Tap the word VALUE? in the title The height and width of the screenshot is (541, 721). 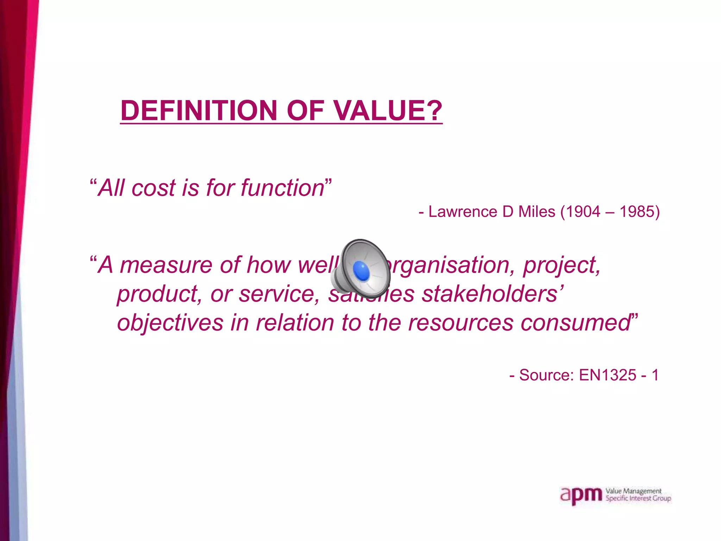(388, 111)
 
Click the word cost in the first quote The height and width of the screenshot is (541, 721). (153, 188)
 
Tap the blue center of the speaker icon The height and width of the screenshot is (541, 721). (362, 271)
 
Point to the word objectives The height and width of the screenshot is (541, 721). (170, 323)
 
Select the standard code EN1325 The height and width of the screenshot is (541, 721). (608, 375)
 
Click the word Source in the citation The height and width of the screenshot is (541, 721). (546, 375)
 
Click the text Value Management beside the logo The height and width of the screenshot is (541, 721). (633, 491)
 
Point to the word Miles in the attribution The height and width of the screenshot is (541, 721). (537, 212)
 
